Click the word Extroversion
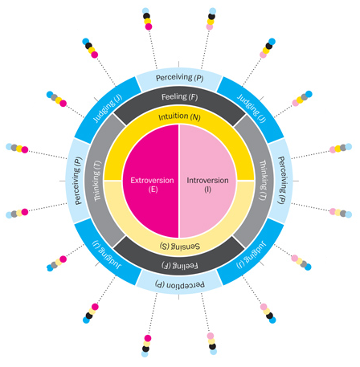(x=152, y=181)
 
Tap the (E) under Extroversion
(x=153, y=190)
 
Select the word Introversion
(x=207, y=181)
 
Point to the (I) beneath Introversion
(x=207, y=190)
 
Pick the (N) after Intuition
(x=195, y=117)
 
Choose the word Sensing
(x=185, y=247)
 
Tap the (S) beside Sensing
(x=165, y=246)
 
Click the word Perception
(x=186, y=284)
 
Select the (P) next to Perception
(x=160, y=284)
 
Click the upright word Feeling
(x=174, y=96)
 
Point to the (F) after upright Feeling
(x=193, y=97)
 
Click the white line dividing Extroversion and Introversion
(x=179, y=181)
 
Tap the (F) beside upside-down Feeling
(x=166, y=265)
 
